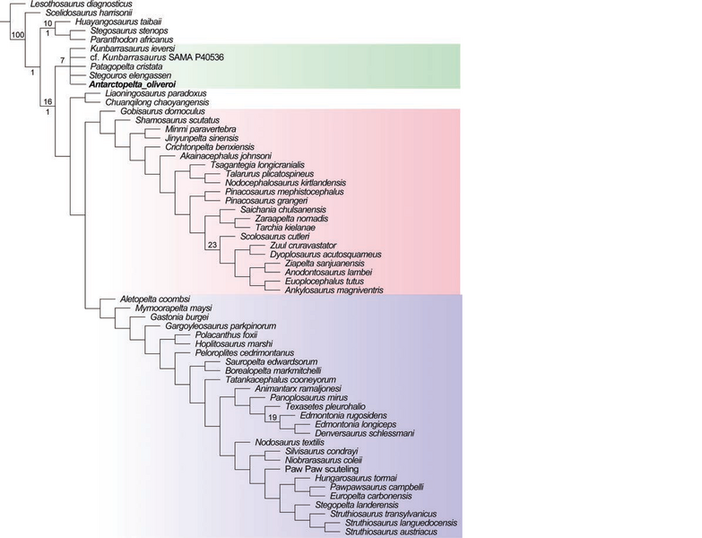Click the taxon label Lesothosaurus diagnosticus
tap(78, 4)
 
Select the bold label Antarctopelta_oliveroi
tap(136, 84)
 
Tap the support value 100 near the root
tap(18, 35)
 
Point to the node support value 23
tap(212, 245)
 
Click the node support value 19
tap(272, 415)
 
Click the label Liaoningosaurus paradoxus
tap(155, 92)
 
